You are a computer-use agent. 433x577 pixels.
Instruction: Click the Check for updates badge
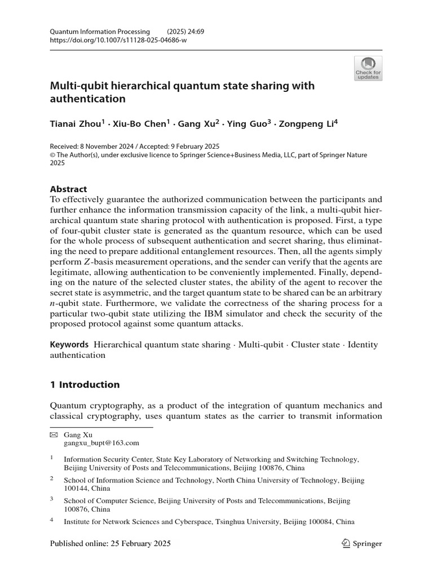368,68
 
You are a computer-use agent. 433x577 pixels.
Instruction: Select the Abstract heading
69,189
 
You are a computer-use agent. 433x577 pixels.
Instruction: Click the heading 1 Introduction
85,384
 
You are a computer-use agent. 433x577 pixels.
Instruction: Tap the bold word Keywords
69,344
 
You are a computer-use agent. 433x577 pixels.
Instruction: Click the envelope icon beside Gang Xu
54,435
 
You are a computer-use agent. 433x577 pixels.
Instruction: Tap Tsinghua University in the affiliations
239,522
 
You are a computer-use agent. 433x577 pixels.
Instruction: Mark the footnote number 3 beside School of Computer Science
52,499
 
